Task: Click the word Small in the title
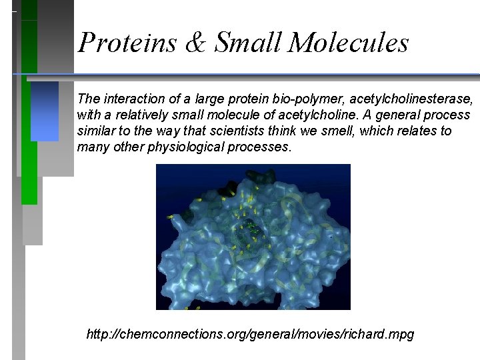pyautogui.click(x=253, y=43)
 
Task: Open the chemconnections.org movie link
pyautogui.click(x=250, y=334)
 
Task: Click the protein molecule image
pyautogui.click(x=253, y=237)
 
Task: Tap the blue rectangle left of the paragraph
pyautogui.click(x=45, y=111)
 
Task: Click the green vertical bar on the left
pyautogui.click(x=29, y=133)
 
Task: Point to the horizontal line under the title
pyautogui.click(x=267, y=73)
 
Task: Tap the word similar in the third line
pyautogui.click(x=96, y=131)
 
